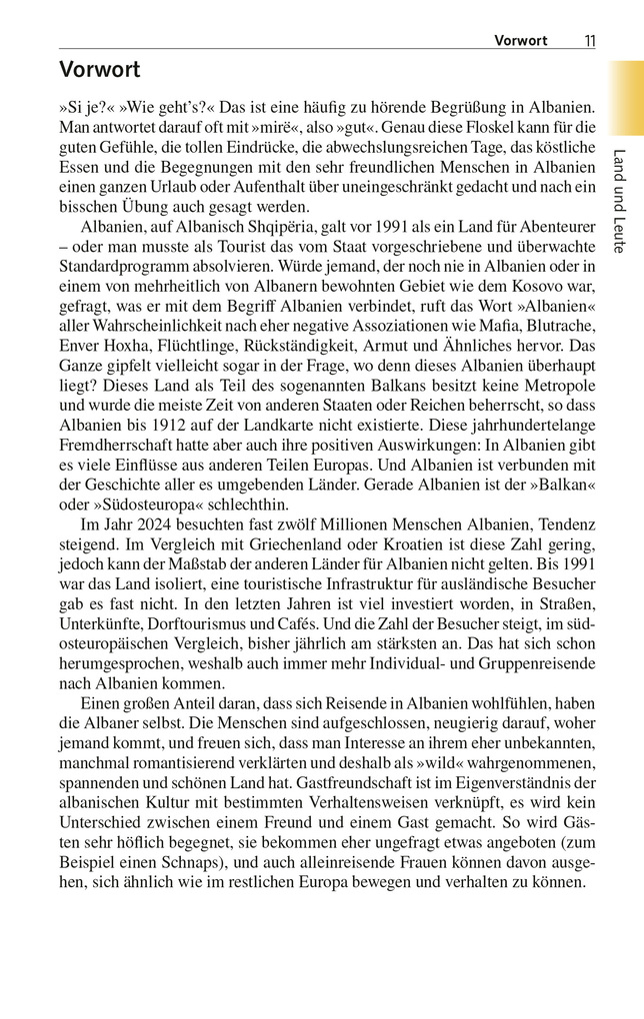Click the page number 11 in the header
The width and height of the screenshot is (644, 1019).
point(590,41)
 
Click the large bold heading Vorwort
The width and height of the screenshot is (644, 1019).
point(99,70)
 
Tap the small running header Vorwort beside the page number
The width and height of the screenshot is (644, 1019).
point(521,41)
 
